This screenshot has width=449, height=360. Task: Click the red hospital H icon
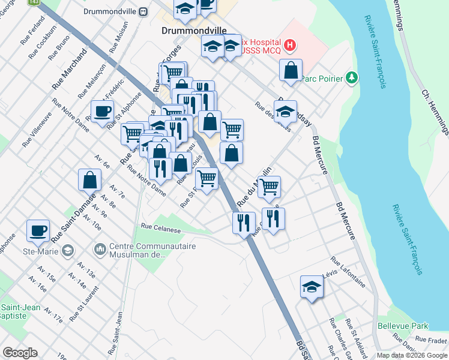[x=291, y=44]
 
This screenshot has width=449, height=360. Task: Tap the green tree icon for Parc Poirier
[x=352, y=78]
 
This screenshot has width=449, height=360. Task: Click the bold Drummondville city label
[x=189, y=29]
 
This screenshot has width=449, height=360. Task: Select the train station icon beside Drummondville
[x=143, y=11]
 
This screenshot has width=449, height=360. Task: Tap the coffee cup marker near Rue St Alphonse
[x=102, y=110]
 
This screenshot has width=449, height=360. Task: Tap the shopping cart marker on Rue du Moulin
[x=268, y=187]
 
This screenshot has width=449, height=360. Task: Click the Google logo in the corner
[x=20, y=353]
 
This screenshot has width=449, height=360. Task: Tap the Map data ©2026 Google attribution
[x=412, y=355]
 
